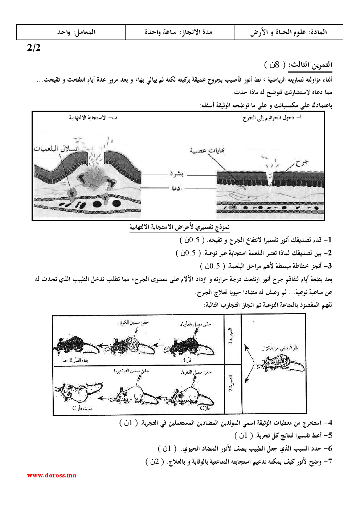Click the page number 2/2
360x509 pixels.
pyautogui.click(x=34, y=48)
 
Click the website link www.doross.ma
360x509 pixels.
pyautogui.click(x=52, y=475)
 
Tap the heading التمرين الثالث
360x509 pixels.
pyautogui.click(x=310, y=65)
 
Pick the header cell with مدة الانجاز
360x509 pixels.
pyautogui.click(x=179, y=32)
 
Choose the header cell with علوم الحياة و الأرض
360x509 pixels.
pyautogui.click(x=289, y=32)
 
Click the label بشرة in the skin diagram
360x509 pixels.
pyautogui.click(x=177, y=174)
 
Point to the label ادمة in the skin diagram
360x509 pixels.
pyautogui.click(x=176, y=188)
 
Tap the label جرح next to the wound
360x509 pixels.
pyautogui.click(x=302, y=163)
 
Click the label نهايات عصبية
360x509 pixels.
pyautogui.click(x=207, y=151)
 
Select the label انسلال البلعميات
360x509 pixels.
pyautogui.click(x=56, y=148)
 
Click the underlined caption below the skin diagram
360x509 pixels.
pyautogui.click(x=180, y=227)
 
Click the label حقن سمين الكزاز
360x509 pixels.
pyautogui.click(x=134, y=322)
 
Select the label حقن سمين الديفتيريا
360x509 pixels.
pyautogui.click(x=131, y=371)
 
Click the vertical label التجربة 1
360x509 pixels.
pyautogui.click(x=230, y=337)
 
